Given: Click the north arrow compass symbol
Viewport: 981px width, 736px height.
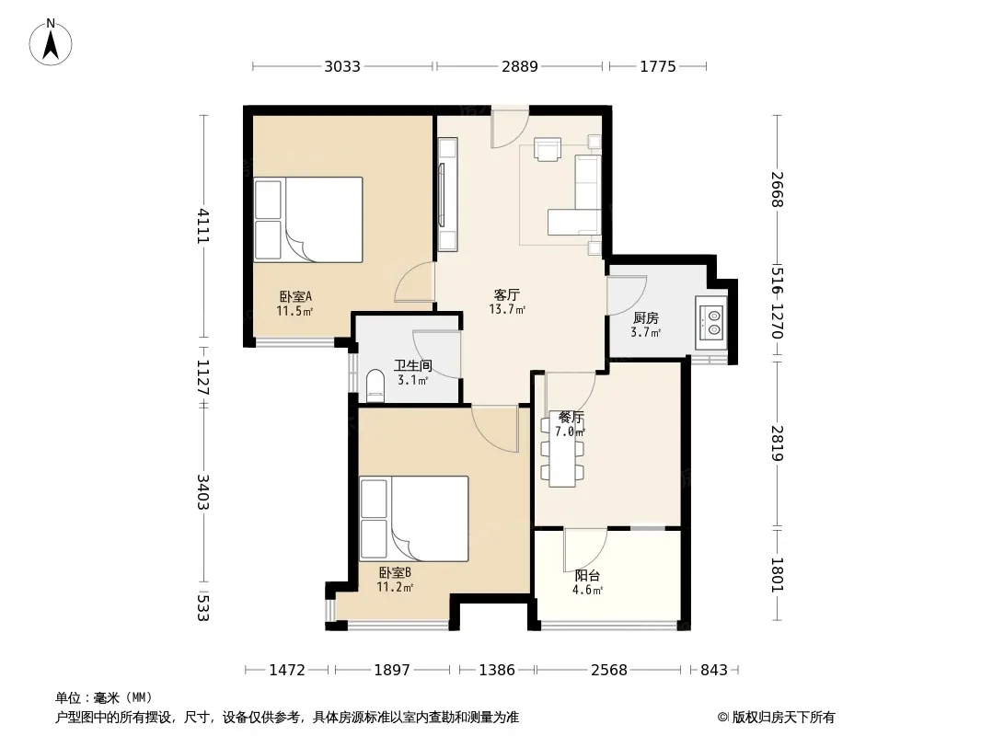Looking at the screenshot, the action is coord(51,42).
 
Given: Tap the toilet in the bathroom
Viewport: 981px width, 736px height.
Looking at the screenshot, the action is coord(375,385).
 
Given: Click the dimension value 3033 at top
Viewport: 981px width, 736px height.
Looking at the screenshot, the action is coord(342,66).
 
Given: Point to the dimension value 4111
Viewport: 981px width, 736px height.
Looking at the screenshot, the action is coord(203,225).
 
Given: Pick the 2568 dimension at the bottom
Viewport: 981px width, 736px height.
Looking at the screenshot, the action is coord(608,671).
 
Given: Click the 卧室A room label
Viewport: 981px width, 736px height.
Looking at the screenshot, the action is coord(295,296).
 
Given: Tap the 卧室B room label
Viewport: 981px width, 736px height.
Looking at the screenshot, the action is coord(395,572).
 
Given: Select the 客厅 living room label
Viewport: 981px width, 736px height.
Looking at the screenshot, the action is coord(507,294).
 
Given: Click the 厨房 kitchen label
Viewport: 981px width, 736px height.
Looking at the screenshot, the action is coord(646,318).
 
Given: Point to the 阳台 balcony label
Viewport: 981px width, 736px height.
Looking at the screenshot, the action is coord(587,576).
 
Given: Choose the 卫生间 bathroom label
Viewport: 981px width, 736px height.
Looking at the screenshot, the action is coord(413,366).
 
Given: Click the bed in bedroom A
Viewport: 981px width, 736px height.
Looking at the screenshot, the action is coord(308,220).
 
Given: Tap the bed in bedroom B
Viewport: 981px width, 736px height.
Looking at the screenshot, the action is coord(414,519).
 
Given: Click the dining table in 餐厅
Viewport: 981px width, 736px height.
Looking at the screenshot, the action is coord(563,449).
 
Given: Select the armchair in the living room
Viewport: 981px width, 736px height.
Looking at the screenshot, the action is coord(548,149).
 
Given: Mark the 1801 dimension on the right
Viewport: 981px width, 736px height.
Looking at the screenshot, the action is coord(777,575).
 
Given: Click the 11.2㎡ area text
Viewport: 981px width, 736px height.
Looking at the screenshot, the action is coord(395,587).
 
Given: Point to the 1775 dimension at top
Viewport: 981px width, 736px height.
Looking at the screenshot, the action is coord(658,66).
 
